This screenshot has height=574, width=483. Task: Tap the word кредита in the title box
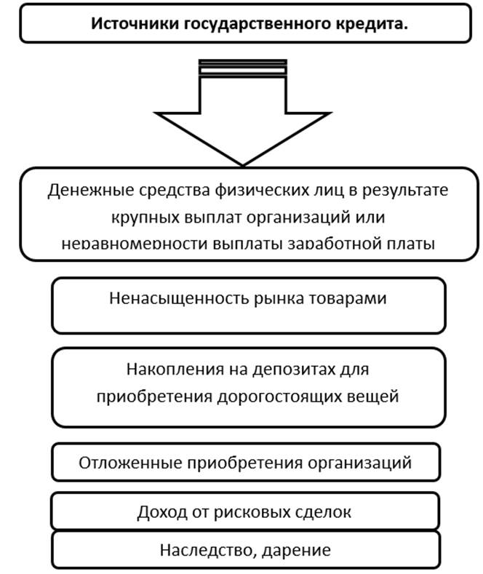373,23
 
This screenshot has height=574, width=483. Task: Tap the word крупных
143,217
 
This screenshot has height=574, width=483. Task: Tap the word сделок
323,512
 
